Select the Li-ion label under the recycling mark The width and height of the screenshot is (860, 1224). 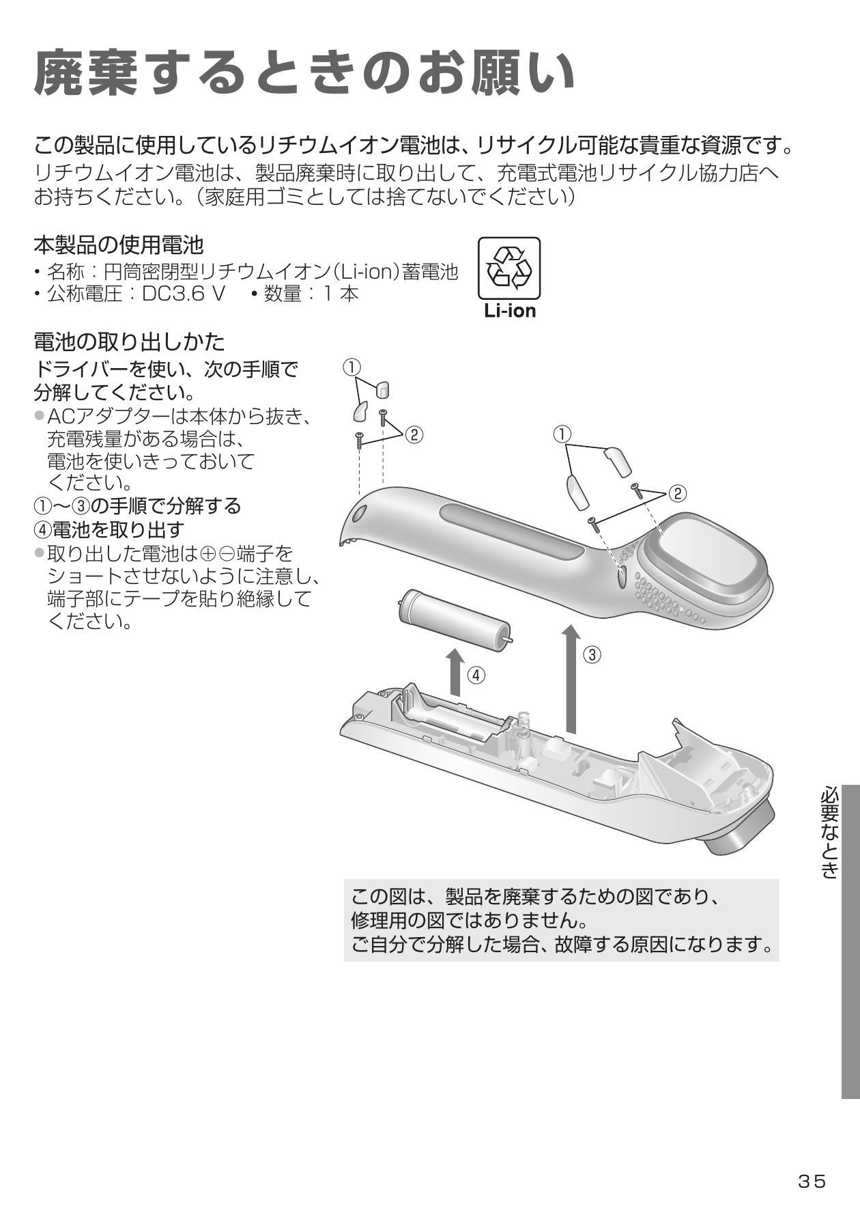tap(510, 311)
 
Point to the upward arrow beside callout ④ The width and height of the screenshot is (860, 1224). tap(455, 672)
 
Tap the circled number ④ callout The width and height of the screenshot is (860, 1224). tap(476, 676)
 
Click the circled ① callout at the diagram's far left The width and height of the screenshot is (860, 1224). tap(351, 367)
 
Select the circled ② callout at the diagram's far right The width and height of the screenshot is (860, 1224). tap(677, 493)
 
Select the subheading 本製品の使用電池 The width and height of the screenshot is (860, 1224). tap(119, 244)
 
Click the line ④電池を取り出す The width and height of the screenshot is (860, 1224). tap(109, 529)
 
